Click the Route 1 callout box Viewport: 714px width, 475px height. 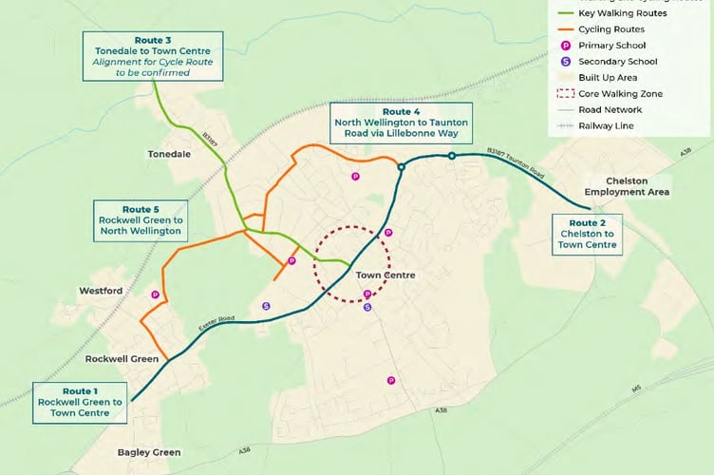coord(81,402)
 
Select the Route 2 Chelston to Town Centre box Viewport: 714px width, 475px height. coord(588,233)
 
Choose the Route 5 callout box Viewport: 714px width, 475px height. coord(141,219)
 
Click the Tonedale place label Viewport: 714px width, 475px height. coord(170,153)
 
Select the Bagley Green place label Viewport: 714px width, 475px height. coord(148,452)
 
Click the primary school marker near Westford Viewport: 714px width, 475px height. coord(155,295)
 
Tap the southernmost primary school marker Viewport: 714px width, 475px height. coord(390,381)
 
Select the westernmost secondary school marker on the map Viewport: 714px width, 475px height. coord(266,306)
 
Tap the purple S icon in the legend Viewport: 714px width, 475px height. coord(567,62)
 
